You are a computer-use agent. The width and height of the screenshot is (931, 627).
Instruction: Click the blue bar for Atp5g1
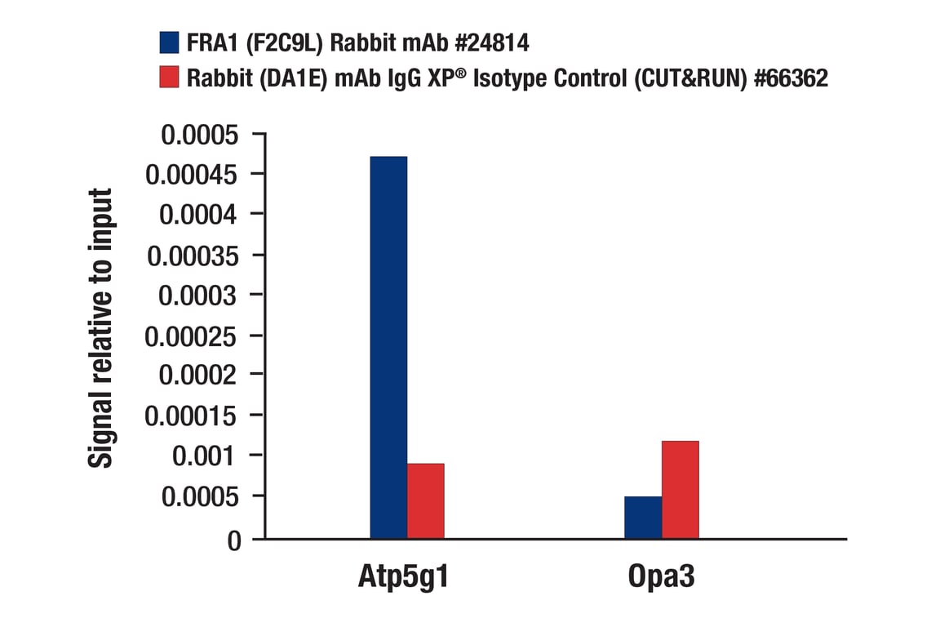point(388,347)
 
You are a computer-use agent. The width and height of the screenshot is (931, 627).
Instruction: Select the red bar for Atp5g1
point(426,500)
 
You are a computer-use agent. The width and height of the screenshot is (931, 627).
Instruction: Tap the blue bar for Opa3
point(643,517)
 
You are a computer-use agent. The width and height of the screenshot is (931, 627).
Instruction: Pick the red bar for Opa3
point(681,489)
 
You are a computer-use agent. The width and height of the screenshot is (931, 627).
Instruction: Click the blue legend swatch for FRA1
point(169,42)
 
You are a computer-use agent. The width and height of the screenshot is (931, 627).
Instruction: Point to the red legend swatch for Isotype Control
point(169,78)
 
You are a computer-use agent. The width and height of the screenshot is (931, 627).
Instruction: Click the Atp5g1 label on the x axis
point(404,577)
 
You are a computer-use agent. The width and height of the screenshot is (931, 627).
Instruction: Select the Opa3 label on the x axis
point(662,577)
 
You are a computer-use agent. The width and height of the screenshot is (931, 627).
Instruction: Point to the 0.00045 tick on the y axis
point(193,175)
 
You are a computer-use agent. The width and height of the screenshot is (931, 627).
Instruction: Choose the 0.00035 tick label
point(193,255)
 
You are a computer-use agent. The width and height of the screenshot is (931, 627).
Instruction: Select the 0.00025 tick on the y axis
point(193,335)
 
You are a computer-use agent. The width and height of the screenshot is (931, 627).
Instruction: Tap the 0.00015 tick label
point(193,416)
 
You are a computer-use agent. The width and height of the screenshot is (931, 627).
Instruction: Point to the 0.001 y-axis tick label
point(207,456)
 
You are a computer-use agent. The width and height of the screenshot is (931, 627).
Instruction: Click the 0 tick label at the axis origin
point(235,540)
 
